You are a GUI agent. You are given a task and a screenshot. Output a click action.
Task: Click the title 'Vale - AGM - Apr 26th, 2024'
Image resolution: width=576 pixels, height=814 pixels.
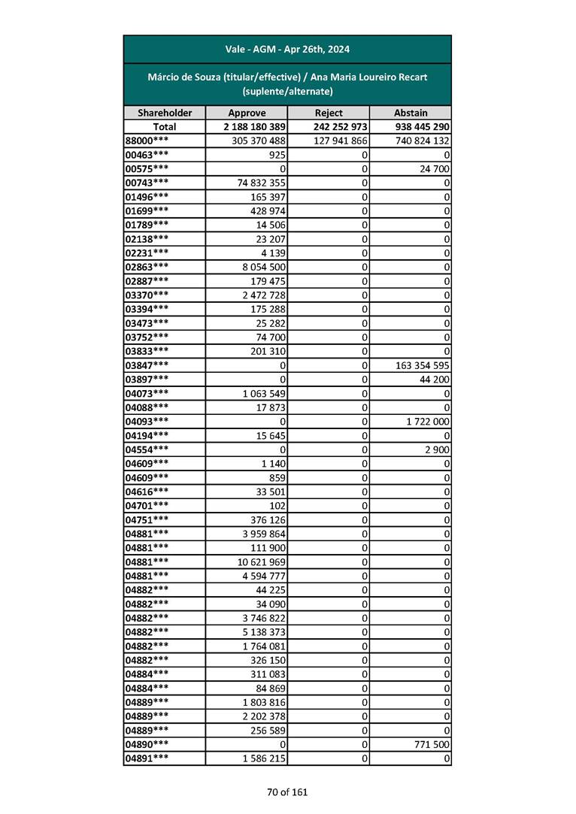coord(287,50)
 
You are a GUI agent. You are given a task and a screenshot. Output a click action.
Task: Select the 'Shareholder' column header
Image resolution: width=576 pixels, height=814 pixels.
coord(165,113)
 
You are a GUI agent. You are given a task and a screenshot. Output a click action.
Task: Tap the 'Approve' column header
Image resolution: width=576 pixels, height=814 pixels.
coord(247,113)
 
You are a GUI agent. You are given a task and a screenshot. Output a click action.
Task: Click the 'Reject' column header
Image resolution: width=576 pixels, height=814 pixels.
coord(329,113)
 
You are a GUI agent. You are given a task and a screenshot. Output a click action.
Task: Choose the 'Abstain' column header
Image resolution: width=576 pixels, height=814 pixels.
coord(411,113)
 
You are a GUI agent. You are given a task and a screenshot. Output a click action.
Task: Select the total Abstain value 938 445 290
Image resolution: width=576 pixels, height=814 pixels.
coord(422,127)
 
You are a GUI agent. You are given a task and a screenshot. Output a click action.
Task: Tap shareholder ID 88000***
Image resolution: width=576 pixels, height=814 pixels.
coord(147,141)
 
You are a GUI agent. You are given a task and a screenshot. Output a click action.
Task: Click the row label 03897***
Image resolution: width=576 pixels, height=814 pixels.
coord(147,379)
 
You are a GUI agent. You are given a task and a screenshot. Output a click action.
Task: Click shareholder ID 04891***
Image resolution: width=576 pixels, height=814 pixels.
coord(147,758)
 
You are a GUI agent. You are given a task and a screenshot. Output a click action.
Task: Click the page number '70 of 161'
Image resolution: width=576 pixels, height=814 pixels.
coord(287,791)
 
